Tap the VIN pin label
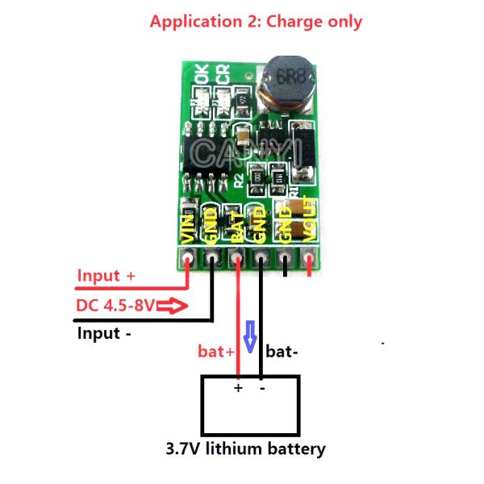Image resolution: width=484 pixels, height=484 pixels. point(188,226)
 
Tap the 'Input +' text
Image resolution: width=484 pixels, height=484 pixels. point(106,276)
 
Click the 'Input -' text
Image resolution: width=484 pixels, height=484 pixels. point(104,332)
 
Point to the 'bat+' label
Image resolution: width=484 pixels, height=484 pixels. point(216,352)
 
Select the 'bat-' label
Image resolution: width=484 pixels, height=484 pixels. point(282,352)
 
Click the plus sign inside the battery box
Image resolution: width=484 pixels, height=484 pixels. point(238,388)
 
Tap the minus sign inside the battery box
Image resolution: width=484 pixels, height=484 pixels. point(262,388)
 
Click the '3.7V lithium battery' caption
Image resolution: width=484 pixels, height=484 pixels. point(246,449)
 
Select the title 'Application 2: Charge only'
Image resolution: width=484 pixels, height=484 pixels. point(256,22)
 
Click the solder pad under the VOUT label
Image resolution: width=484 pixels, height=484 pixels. point(311,259)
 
